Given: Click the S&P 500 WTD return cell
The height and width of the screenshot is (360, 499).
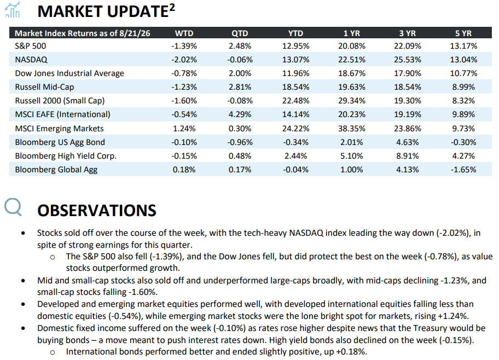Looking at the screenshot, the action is click(184, 46).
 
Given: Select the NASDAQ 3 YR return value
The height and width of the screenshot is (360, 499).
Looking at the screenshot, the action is click(407, 60).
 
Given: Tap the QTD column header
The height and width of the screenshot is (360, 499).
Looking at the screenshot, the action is click(240, 33).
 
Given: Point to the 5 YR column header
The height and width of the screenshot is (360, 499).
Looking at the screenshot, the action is click(463, 33).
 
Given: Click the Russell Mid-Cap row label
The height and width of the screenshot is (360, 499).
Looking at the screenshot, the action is click(44, 87).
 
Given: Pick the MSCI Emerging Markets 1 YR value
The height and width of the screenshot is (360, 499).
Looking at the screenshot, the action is click(352, 128).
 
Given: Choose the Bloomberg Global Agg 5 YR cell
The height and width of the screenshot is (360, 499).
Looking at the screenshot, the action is click(463, 170).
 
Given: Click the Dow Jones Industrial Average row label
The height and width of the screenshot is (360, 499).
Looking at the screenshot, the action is click(69, 73).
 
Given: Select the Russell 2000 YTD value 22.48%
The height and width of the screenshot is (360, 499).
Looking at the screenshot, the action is click(295, 101).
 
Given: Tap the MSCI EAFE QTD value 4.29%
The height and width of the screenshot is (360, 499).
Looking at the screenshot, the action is click(240, 114).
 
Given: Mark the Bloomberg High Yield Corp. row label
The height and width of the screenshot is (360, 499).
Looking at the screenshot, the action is click(66, 156).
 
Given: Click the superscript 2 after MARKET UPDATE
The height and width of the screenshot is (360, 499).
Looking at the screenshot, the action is click(172, 7).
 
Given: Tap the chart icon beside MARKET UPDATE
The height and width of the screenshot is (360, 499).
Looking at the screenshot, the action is click(13, 10).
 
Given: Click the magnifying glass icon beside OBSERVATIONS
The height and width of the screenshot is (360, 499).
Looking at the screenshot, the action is click(13, 207).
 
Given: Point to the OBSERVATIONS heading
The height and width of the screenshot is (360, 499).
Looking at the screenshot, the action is click(97, 211).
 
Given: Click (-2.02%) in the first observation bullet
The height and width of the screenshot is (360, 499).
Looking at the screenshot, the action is click(452, 233).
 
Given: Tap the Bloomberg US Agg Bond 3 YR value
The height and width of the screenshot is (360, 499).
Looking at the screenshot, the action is click(407, 142).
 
